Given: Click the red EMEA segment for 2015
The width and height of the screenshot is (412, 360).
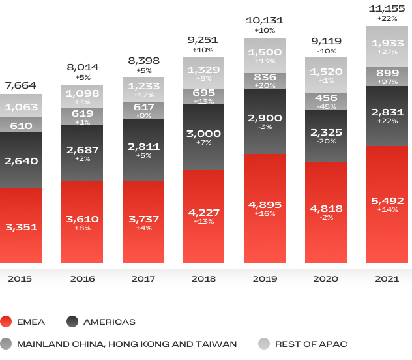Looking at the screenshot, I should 21,226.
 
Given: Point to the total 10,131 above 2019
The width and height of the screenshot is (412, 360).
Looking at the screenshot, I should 265,21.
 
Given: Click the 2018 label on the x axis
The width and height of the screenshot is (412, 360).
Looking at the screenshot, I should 203,278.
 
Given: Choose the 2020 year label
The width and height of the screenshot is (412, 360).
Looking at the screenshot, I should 325,278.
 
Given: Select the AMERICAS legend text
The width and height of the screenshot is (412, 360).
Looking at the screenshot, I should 110,322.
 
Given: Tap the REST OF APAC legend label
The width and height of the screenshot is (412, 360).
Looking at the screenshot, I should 310,344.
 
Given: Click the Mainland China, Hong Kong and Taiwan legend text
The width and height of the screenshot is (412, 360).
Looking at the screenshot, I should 127,344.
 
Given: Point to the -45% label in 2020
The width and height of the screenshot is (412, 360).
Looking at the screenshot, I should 325,106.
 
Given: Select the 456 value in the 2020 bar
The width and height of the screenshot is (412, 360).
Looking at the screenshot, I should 325,97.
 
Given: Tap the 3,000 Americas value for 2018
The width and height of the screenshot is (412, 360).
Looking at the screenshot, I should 203,134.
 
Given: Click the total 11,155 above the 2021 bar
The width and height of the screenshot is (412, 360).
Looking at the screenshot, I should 387,8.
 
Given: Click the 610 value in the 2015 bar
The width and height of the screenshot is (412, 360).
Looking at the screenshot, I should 21,125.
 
